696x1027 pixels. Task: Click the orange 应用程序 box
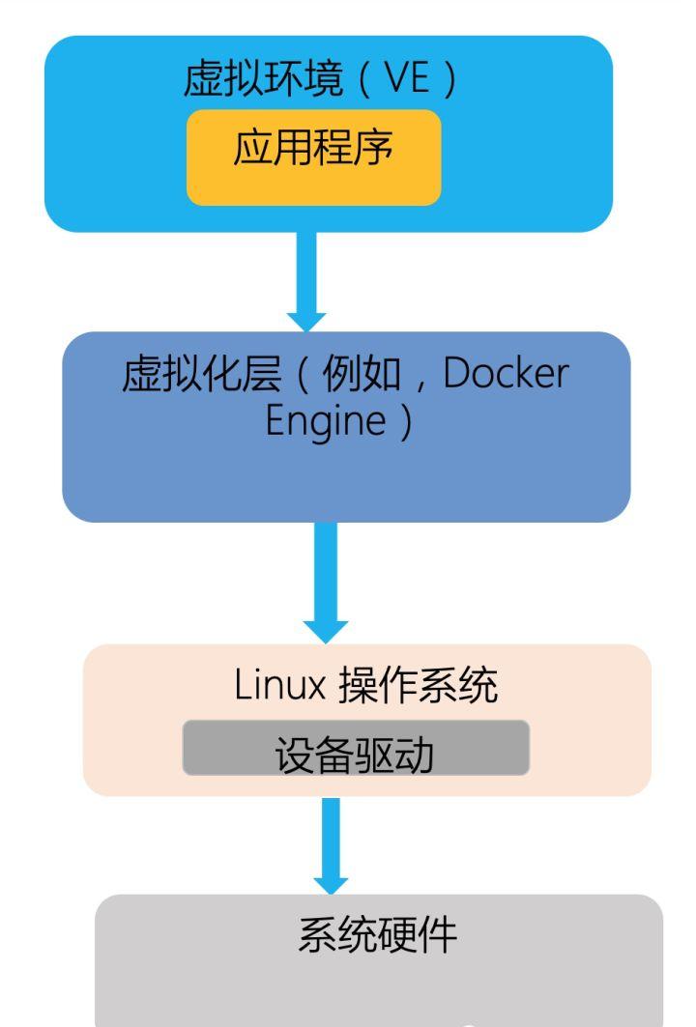pyautogui.click(x=313, y=157)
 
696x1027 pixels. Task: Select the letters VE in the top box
pyautogui.click(x=407, y=81)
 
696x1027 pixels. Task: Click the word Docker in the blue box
pyautogui.click(x=506, y=375)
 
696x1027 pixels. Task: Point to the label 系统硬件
pyautogui.click(x=376, y=936)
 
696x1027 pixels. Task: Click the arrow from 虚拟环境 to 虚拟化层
pyautogui.click(x=307, y=275)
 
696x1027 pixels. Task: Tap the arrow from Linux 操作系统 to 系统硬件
pyautogui.click(x=331, y=841)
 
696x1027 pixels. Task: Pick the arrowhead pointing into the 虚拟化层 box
pyautogui.click(x=307, y=320)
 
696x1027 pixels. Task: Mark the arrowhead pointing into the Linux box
pyautogui.click(x=326, y=627)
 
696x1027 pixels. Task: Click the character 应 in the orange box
pyautogui.click(x=250, y=151)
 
